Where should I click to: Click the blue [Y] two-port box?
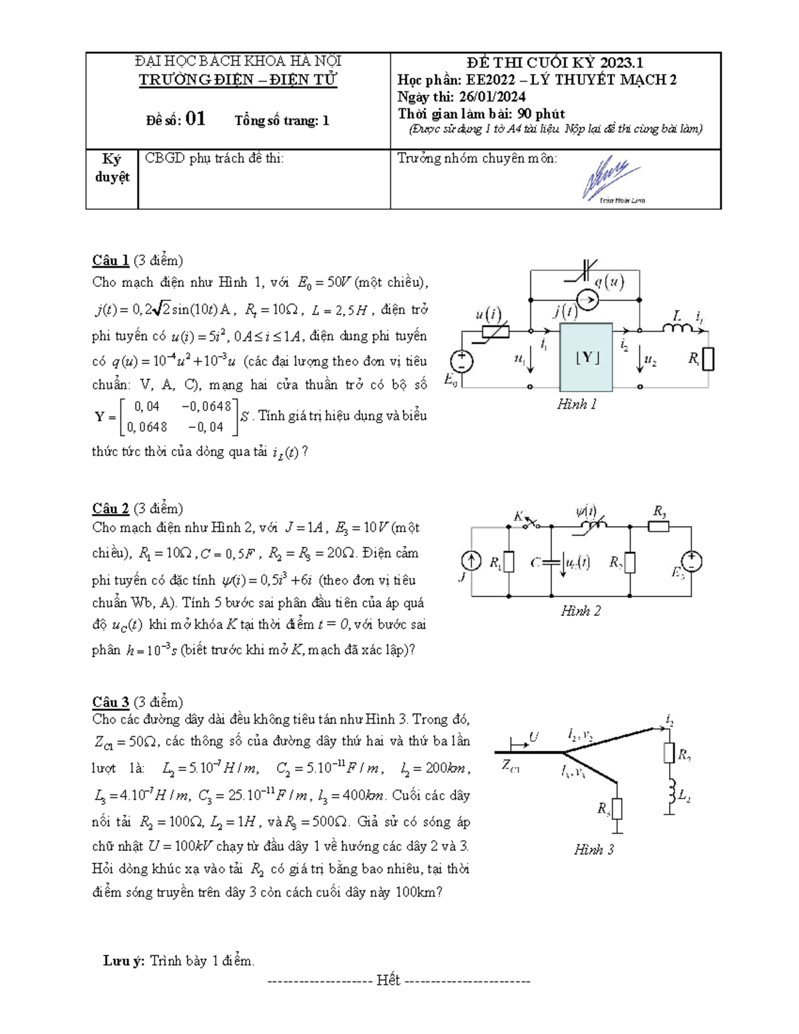[x=586, y=358]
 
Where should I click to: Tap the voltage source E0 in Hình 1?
[x=461, y=362]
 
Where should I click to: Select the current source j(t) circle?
[x=587, y=299]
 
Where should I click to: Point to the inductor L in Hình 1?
[x=676, y=328]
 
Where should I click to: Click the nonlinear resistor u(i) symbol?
[x=495, y=330]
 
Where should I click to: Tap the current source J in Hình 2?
[x=471, y=562]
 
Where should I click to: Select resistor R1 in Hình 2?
[x=509, y=563]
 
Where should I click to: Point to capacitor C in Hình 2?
[x=551, y=563]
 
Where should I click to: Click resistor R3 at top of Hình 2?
[x=659, y=527]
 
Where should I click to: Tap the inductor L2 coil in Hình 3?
[x=670, y=792]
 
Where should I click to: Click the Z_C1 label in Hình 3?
[x=511, y=766]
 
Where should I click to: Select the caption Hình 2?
[x=581, y=611]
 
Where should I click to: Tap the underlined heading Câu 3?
[x=111, y=702]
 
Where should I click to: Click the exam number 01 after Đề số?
[x=195, y=119]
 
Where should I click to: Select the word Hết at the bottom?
[x=388, y=980]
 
